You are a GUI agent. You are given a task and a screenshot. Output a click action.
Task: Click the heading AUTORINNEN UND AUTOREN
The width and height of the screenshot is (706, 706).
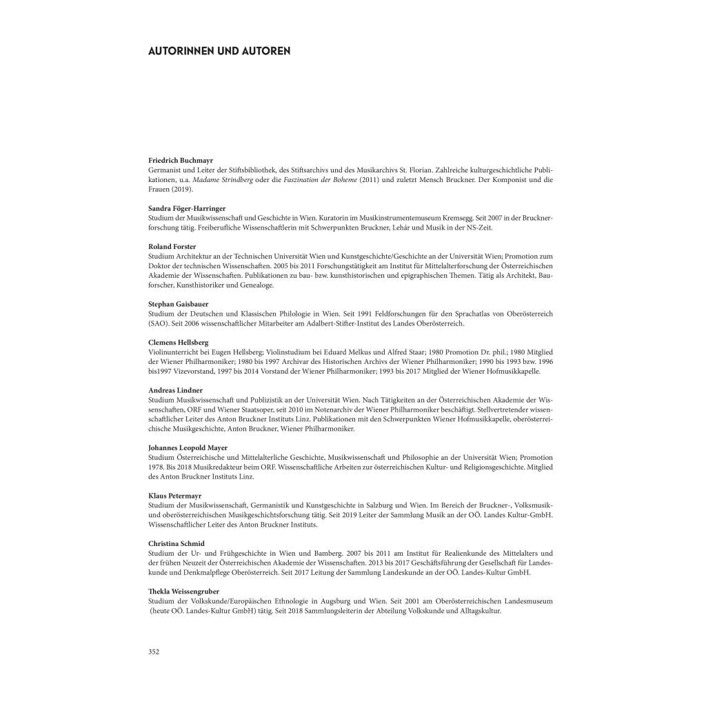[219, 51]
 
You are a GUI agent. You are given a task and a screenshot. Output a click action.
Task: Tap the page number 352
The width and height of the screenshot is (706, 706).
[154, 652]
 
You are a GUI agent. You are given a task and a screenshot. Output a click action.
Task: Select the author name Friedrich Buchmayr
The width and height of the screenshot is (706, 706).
[181, 160]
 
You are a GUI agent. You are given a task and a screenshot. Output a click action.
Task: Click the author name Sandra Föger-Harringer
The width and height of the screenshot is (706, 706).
[187, 208]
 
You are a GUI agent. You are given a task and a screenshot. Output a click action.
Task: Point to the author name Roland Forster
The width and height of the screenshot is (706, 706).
[172, 246]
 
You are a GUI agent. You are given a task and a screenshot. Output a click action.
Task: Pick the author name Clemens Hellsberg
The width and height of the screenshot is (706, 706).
[178, 342]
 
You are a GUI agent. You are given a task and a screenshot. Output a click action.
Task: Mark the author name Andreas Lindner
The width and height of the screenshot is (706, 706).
[175, 390]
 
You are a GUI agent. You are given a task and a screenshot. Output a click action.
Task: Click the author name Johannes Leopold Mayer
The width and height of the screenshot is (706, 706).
[188, 447]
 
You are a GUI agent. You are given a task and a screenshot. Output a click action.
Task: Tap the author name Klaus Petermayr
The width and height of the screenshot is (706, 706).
[176, 496]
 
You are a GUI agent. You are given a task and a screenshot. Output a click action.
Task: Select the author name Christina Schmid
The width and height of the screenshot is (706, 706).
[176, 543]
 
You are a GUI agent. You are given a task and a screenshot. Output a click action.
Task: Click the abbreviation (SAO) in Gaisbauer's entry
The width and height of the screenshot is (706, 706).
[158, 323]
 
